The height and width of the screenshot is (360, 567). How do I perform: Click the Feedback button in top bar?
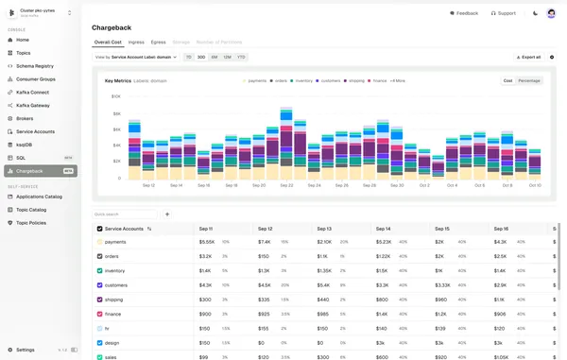[463, 13]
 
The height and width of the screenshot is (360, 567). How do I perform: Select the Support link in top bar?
[504, 13]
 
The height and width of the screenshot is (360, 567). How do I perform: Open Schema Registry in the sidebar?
[33, 66]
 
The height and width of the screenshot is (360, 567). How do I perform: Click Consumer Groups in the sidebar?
[35, 79]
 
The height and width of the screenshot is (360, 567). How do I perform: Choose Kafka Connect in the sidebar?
[32, 93]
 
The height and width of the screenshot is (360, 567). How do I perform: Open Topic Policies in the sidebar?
[31, 223]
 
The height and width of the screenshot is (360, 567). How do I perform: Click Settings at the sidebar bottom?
[26, 350]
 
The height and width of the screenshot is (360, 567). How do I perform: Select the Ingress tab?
[136, 43]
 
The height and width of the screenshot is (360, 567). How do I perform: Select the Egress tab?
[158, 43]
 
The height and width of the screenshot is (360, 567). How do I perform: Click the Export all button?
[527, 57]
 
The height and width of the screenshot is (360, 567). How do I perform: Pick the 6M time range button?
[215, 57]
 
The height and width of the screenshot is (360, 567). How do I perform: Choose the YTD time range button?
[241, 57]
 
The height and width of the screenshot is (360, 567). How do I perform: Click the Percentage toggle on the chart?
[529, 80]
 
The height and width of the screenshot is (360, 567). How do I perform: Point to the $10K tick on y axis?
[115, 96]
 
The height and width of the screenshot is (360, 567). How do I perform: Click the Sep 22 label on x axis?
[286, 185]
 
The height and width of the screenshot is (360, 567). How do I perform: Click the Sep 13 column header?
[324, 229]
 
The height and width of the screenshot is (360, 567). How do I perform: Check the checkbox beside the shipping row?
[100, 299]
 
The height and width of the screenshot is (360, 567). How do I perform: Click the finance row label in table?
[112, 313]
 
